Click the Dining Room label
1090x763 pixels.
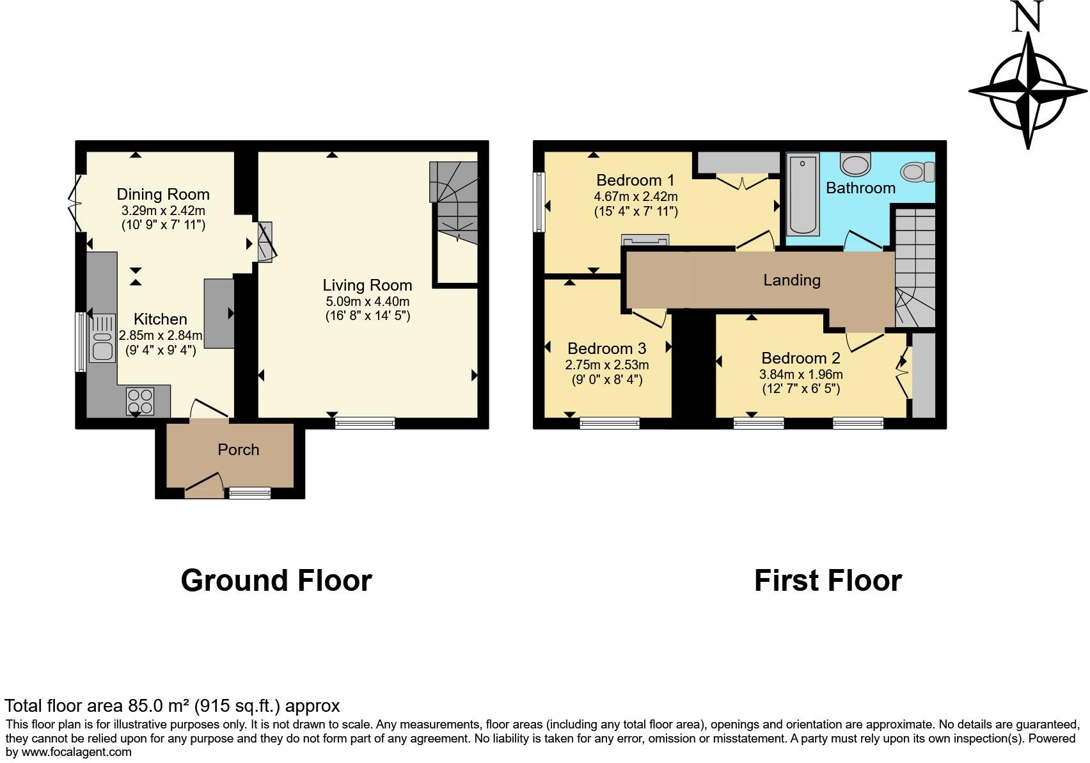(x=162, y=194)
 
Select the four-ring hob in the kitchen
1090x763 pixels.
(x=140, y=401)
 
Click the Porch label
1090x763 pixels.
(x=238, y=449)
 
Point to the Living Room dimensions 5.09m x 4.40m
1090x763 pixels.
(x=367, y=301)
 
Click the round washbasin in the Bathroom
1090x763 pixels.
(x=855, y=165)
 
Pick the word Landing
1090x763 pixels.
(x=791, y=280)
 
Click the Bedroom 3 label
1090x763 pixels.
(x=606, y=348)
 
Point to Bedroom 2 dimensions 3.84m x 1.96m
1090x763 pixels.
(x=801, y=374)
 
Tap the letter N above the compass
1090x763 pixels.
(x=1027, y=17)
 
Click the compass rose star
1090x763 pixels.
(x=1028, y=90)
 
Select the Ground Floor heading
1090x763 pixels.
(x=276, y=580)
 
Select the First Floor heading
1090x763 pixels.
(x=827, y=580)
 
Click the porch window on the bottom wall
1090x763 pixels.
(x=250, y=492)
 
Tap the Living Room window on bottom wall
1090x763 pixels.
(x=365, y=422)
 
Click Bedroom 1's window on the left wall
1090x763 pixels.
(x=540, y=202)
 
